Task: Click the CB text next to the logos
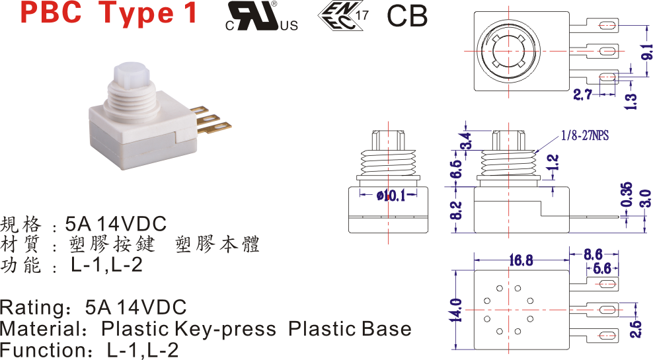(x=407, y=17)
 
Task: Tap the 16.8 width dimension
(x=520, y=260)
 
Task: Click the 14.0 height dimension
(x=455, y=309)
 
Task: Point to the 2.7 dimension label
(x=582, y=95)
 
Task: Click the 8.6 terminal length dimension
(x=593, y=253)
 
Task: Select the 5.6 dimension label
(x=602, y=268)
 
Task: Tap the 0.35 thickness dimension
(x=627, y=194)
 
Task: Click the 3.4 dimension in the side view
(x=466, y=141)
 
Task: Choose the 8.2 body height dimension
(x=455, y=210)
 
